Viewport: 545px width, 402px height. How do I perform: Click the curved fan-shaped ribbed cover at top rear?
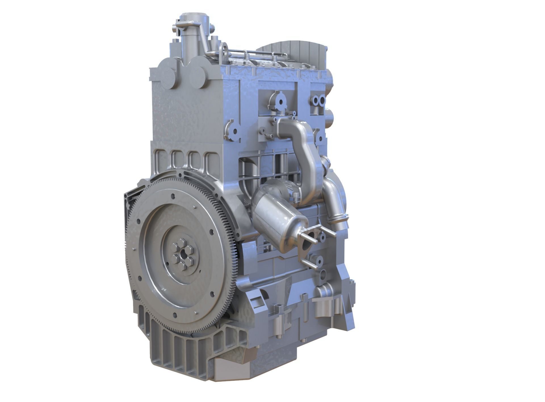295,51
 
